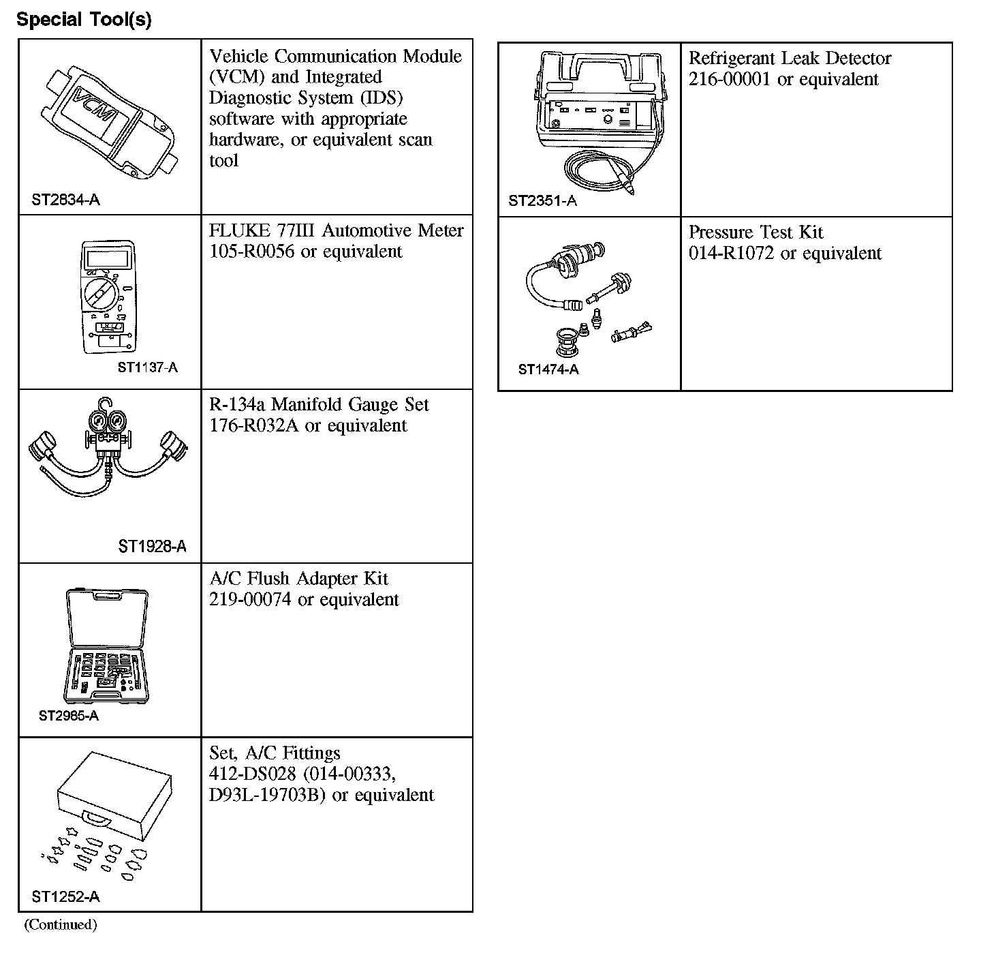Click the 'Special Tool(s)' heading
coord(84,19)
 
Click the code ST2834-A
coord(65,200)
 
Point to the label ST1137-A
coord(148,367)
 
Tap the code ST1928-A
coord(152,546)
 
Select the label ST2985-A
coord(69,715)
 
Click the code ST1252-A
coord(65,896)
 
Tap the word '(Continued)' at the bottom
coord(61,924)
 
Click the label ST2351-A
coord(542,200)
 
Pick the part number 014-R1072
coord(730,254)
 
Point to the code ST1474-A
coord(548,369)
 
